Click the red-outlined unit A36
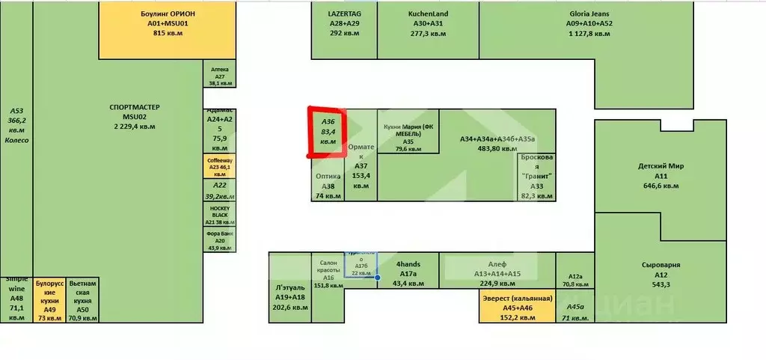tap(328, 131)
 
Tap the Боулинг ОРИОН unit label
tap(168, 23)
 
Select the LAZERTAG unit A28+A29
tap(344, 23)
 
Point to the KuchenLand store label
tap(428, 23)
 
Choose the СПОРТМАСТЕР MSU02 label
tap(135, 117)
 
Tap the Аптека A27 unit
tap(220, 76)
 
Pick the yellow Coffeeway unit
tap(220, 165)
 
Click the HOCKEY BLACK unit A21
tap(220, 214)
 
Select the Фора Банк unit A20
tap(220, 240)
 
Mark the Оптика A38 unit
tap(328, 185)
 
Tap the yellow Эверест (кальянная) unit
tap(517, 308)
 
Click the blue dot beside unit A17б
tap(378, 278)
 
